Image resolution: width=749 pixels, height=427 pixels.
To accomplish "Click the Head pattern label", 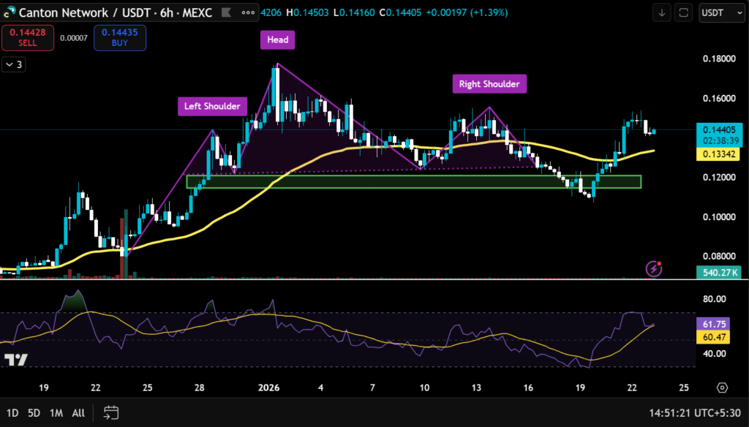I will [277, 40].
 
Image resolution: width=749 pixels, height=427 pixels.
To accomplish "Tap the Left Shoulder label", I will [212, 106].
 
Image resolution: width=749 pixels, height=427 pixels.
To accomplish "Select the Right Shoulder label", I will [489, 84].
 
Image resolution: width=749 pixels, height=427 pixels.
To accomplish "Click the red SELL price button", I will [28, 37].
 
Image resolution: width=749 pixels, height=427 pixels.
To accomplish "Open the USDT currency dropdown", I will [720, 12].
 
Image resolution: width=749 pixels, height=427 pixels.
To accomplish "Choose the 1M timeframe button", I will [56, 412].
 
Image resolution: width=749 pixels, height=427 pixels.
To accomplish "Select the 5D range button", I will [34, 412].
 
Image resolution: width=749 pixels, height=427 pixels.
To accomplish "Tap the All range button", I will [78, 412].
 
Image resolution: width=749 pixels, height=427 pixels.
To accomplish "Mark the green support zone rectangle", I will [413, 181].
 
